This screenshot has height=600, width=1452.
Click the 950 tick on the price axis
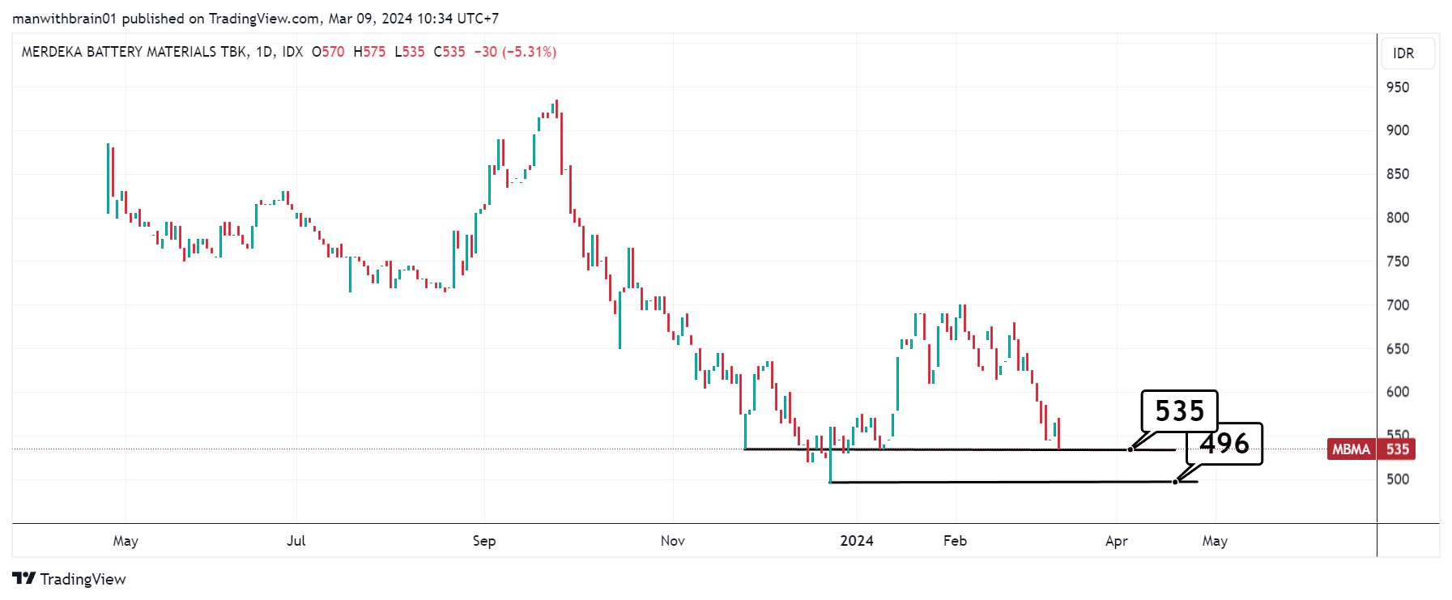click(1398, 87)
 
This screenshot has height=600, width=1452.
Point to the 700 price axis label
click(1398, 305)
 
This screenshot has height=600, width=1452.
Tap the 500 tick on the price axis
click(1398, 479)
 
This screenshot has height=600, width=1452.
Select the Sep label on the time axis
click(484, 541)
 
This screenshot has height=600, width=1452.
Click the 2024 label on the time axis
click(857, 541)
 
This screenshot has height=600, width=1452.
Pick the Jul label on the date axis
click(296, 541)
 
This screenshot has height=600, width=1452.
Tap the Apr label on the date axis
click(1117, 541)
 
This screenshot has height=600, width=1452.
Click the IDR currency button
click(1403, 53)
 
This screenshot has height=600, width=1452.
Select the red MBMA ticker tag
click(1351, 449)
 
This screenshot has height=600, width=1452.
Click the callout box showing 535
click(1179, 411)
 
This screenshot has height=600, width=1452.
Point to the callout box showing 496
click(1224, 444)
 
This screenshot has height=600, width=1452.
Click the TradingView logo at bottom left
click(70, 579)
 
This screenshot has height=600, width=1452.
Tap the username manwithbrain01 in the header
click(65, 18)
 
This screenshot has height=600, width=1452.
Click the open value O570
click(328, 52)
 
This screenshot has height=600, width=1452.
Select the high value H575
click(369, 52)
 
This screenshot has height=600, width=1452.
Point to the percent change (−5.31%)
click(529, 52)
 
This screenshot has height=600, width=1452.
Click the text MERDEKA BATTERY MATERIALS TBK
click(134, 52)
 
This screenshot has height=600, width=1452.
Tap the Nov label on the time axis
click(672, 541)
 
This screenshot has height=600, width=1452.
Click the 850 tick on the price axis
click(1398, 174)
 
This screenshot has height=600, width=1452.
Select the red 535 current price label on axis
click(1398, 449)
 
